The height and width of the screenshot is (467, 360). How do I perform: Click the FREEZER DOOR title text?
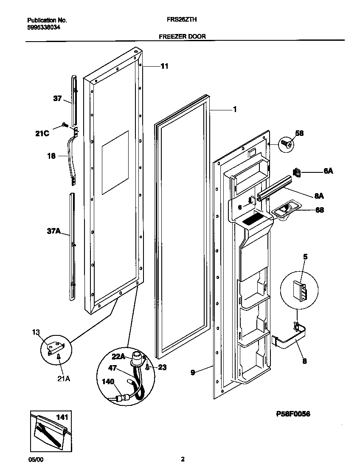[x=182, y=37]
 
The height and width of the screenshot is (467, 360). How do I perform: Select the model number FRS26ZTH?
[x=183, y=20]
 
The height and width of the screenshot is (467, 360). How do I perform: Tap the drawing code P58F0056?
[x=293, y=414]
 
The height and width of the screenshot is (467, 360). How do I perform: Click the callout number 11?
[x=164, y=66]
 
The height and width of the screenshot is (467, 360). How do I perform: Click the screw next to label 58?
[x=286, y=144]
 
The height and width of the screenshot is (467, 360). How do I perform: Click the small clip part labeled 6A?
[x=297, y=172]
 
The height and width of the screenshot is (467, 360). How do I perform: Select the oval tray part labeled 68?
[x=284, y=209]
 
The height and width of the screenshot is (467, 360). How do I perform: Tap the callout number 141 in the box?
[x=62, y=418]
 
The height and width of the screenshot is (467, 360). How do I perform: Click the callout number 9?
[x=193, y=373]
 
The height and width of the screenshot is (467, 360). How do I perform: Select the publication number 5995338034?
[x=43, y=27]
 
